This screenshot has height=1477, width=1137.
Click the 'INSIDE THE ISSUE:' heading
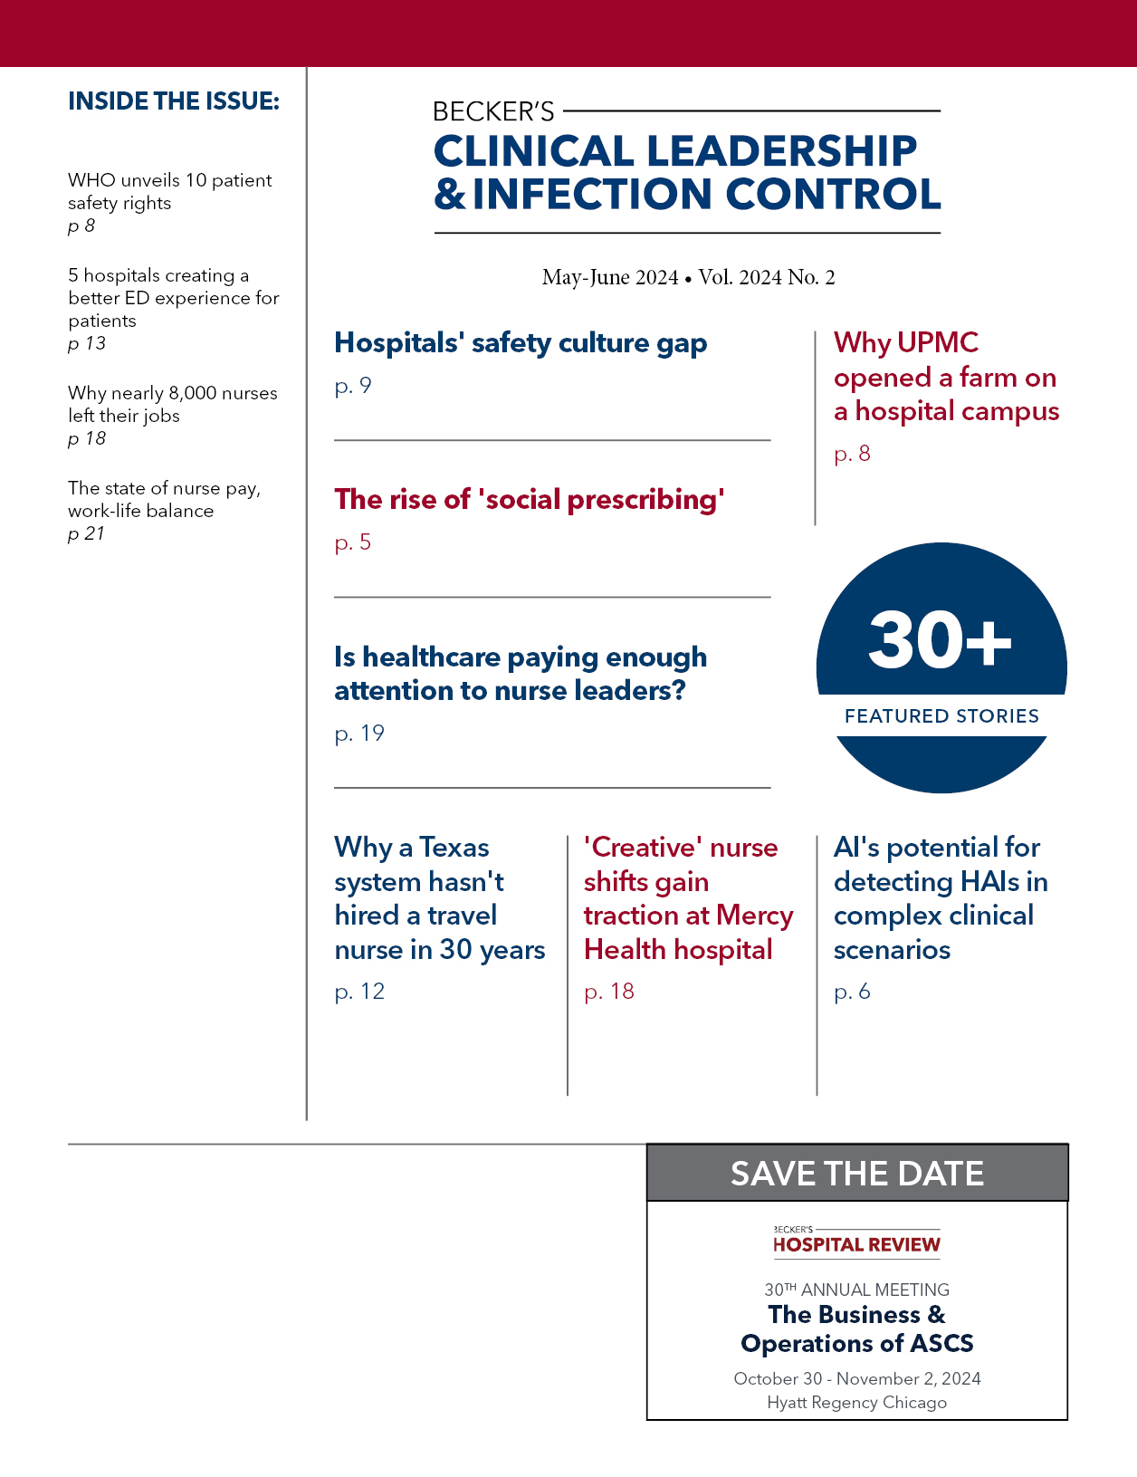point(174,101)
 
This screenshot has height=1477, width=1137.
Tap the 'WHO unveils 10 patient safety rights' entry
point(169,191)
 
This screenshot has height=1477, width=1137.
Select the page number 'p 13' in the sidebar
point(87,343)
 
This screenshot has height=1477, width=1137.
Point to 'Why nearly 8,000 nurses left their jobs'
point(172,404)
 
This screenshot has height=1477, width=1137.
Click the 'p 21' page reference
point(87,533)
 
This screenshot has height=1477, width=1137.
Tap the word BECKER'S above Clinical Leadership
point(493,111)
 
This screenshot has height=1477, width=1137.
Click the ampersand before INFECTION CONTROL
point(450,194)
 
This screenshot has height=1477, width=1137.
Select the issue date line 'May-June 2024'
point(610,277)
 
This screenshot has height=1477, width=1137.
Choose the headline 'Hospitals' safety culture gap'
point(521,342)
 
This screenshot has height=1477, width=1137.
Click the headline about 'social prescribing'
point(530,499)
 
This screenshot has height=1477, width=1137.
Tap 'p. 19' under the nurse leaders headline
point(359,733)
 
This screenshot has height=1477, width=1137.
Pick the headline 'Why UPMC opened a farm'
point(946,377)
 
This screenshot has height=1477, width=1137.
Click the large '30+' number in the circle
point(940,639)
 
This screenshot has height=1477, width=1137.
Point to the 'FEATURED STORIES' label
point(941,715)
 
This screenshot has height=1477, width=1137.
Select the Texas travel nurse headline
point(439,897)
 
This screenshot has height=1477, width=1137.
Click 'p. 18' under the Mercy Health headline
point(609,991)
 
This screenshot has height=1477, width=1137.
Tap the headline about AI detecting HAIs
point(940,897)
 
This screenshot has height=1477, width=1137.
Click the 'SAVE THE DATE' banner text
point(857,1174)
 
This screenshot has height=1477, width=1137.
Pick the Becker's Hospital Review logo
point(856,1242)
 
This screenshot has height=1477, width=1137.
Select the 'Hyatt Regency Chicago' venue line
point(856,1402)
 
